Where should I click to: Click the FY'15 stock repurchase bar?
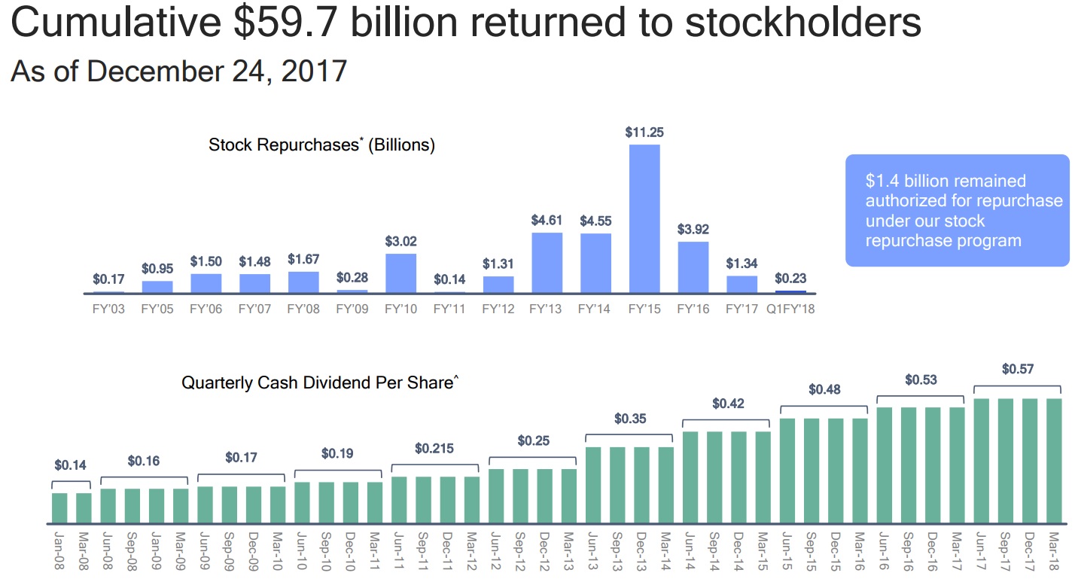coord(644,218)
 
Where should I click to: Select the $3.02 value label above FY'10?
coord(400,242)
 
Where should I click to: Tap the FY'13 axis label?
coord(546,309)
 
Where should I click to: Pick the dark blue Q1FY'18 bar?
coord(790,291)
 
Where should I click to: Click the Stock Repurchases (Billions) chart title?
coord(321,145)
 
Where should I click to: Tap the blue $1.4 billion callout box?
coord(956,211)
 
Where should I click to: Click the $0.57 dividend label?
coord(1017,369)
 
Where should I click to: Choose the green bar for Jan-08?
coord(59,507)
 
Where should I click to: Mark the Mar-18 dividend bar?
coord(1053,460)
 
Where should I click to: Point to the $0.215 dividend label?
coord(434,448)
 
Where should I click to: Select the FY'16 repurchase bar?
coord(693,267)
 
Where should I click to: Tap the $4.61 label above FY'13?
coord(547,221)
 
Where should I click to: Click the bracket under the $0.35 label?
coord(629,435)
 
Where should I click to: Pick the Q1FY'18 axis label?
coord(790,309)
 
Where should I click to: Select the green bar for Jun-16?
coord(885,465)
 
